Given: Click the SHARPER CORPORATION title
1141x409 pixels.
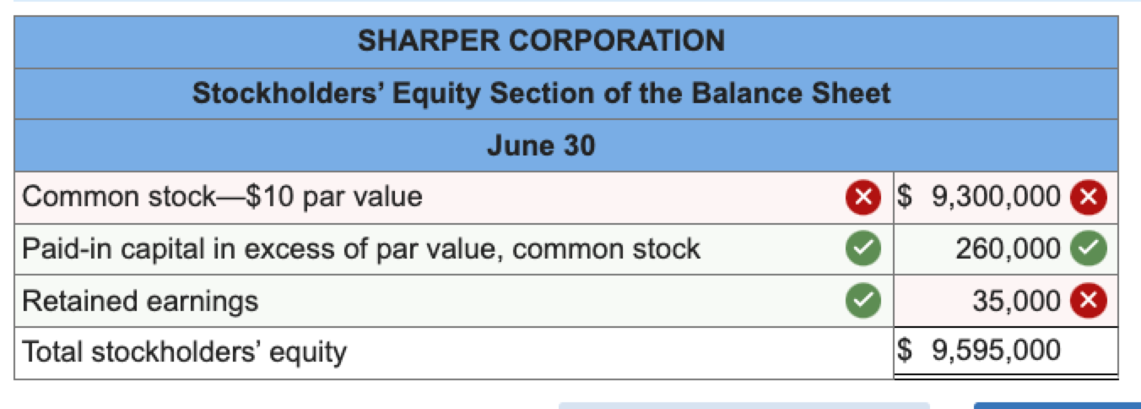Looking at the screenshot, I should coord(541,41).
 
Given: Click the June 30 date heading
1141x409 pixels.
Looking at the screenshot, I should coord(541,146).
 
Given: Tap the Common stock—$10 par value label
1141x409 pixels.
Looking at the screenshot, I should coord(222,197).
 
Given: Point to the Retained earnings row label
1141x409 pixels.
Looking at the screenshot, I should coord(140,301).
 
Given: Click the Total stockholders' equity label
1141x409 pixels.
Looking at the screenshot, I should coord(184,352).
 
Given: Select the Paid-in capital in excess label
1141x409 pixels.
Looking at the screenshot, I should coord(360,248).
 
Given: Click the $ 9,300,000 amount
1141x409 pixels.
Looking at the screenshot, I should coord(979,196).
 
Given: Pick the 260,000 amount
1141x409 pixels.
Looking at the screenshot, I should coord(1008,248).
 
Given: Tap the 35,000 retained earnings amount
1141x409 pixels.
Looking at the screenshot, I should coord(1016,301).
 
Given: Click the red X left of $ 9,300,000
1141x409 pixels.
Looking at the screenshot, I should coord(862,197).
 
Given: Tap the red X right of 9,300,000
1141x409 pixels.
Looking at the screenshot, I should coord(1088,197).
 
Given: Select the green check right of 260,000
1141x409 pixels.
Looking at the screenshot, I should coord(1088,248).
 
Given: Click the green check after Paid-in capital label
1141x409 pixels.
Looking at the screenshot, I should coord(862,248).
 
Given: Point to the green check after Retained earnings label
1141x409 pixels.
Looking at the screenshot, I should coord(862,300).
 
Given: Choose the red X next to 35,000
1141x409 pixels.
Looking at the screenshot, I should coord(1088,301).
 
